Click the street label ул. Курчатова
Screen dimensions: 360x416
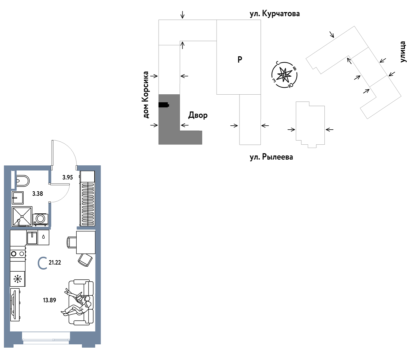(x=274, y=14)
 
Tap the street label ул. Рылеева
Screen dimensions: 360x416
(x=271, y=157)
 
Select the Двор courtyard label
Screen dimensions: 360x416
(x=198, y=115)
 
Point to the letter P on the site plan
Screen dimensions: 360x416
(x=240, y=59)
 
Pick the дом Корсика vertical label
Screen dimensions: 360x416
(x=146, y=95)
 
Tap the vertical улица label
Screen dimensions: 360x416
(x=403, y=52)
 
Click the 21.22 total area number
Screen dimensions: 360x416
(x=55, y=263)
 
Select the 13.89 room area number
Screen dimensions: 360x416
(x=49, y=300)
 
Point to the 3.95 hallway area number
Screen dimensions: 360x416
(x=67, y=177)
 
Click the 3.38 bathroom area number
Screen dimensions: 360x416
(x=37, y=194)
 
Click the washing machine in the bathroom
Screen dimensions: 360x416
(x=41, y=219)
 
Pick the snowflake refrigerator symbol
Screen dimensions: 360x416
(x=17, y=279)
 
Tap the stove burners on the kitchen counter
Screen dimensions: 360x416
(x=18, y=254)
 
